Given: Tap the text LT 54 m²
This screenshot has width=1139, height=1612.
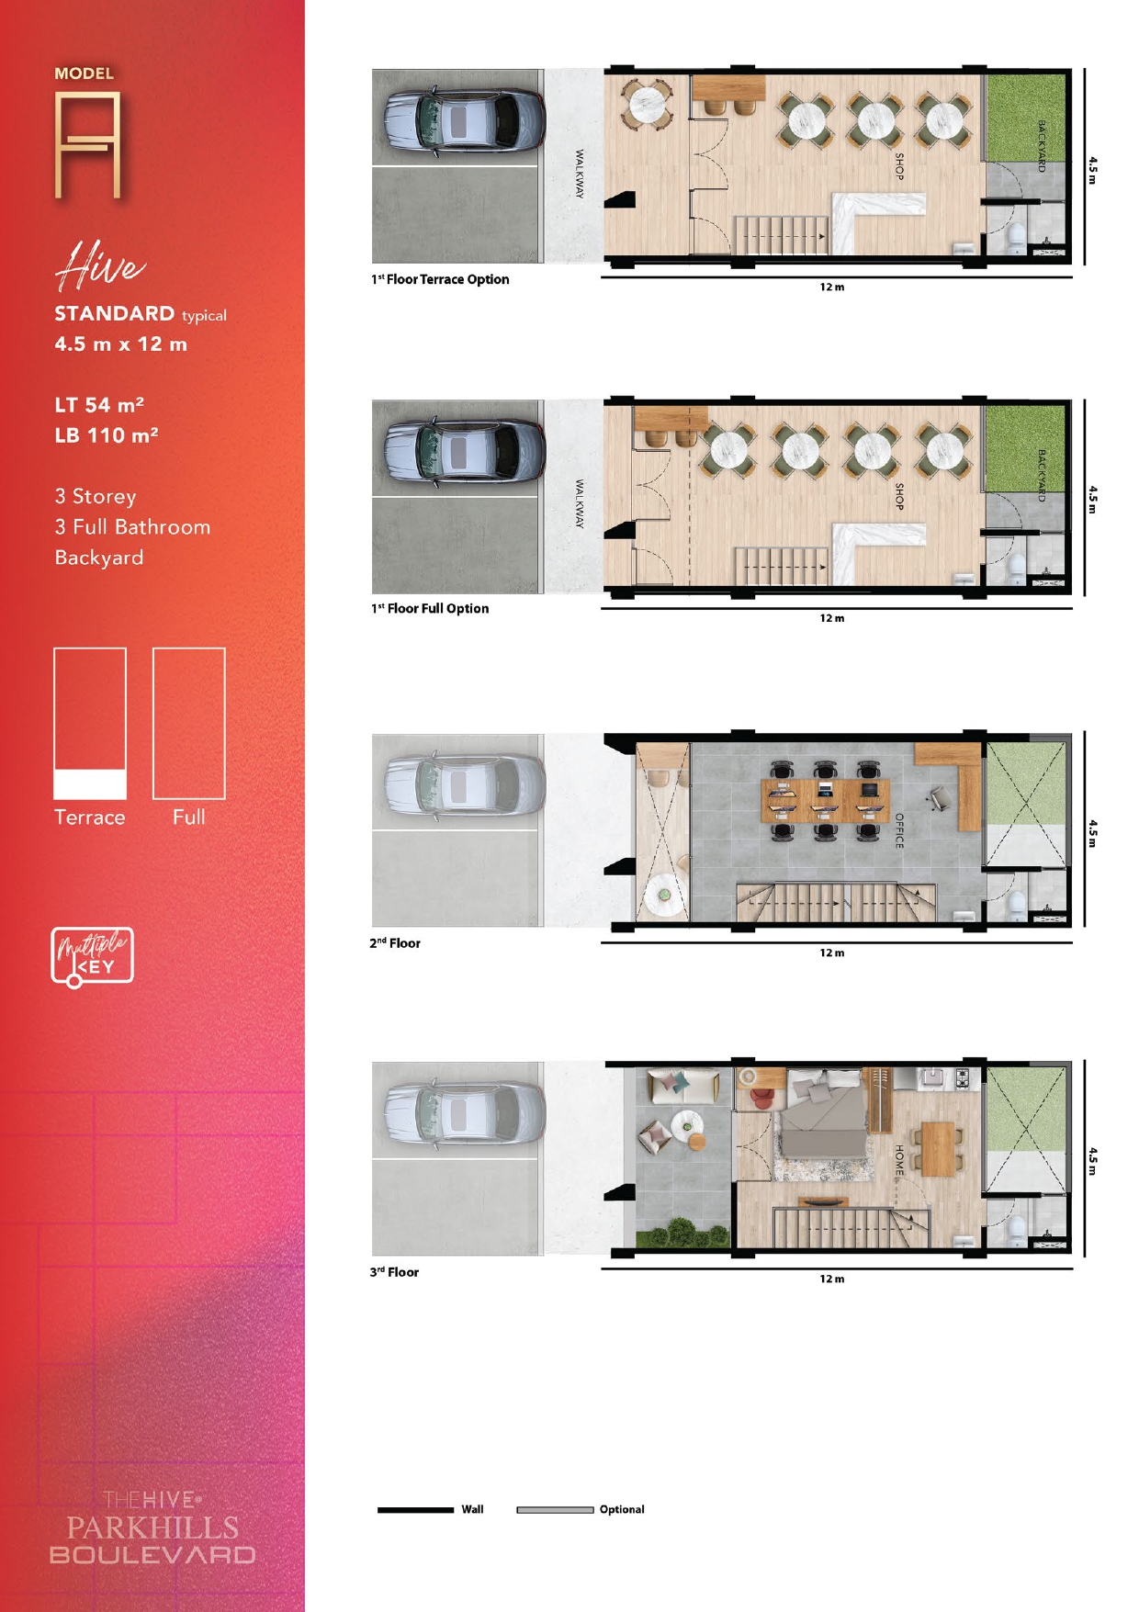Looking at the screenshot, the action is click(x=99, y=405).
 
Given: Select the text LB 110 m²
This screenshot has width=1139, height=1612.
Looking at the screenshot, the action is click(x=106, y=435).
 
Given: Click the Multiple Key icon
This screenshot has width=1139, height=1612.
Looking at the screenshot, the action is click(x=92, y=957).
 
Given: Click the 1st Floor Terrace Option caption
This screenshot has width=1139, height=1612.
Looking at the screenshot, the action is click(x=440, y=279).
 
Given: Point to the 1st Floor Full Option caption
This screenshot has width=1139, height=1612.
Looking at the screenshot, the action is click(x=430, y=608).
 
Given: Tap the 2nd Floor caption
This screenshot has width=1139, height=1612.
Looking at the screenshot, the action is click(x=395, y=943).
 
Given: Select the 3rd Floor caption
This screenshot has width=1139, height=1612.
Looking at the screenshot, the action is click(x=394, y=1272).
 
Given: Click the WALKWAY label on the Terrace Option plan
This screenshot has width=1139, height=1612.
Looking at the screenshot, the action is click(x=580, y=174).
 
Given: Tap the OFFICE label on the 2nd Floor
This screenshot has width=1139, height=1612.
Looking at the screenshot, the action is click(x=899, y=830).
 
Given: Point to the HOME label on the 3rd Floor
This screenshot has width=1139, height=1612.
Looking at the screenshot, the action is click(x=899, y=1160).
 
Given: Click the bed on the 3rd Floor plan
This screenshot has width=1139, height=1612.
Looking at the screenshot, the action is click(x=823, y=1112).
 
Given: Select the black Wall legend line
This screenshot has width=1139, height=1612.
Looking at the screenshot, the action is click(x=415, y=1509).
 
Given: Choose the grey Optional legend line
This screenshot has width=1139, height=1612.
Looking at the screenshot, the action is click(x=555, y=1509).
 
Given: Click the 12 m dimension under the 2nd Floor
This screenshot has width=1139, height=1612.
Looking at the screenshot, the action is click(x=832, y=953).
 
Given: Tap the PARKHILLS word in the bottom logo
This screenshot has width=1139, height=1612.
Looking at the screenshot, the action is click(x=152, y=1527).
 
